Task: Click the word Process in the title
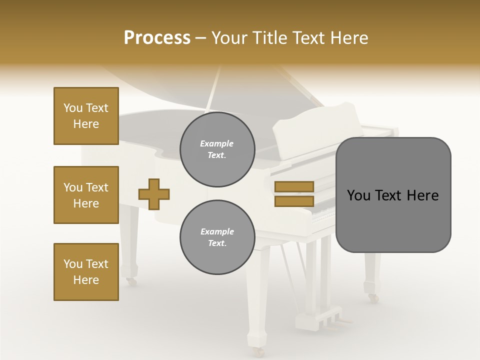157,38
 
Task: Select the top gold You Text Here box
86,116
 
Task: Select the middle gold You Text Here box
86,195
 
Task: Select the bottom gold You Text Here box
86,272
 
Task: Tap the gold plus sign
154,194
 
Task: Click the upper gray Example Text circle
217,149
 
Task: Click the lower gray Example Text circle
217,237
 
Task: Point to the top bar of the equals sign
294,186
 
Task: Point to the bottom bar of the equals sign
294,201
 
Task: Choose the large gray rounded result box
393,195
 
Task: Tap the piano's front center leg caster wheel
258,351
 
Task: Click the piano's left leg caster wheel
131,281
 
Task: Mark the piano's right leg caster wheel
373,298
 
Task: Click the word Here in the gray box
422,195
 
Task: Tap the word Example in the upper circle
217,143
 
